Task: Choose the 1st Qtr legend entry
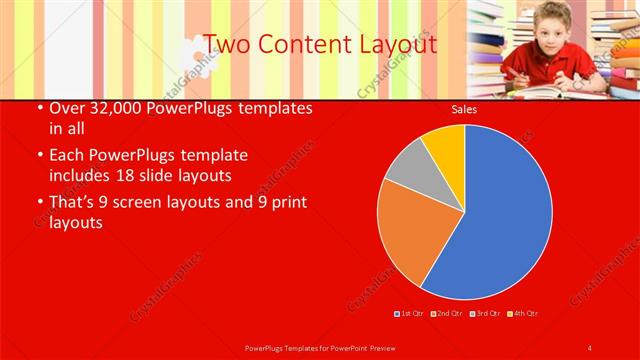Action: click(x=410, y=314)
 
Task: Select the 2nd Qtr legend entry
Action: click(x=446, y=314)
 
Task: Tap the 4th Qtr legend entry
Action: click(x=521, y=314)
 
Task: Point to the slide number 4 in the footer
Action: click(x=589, y=347)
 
